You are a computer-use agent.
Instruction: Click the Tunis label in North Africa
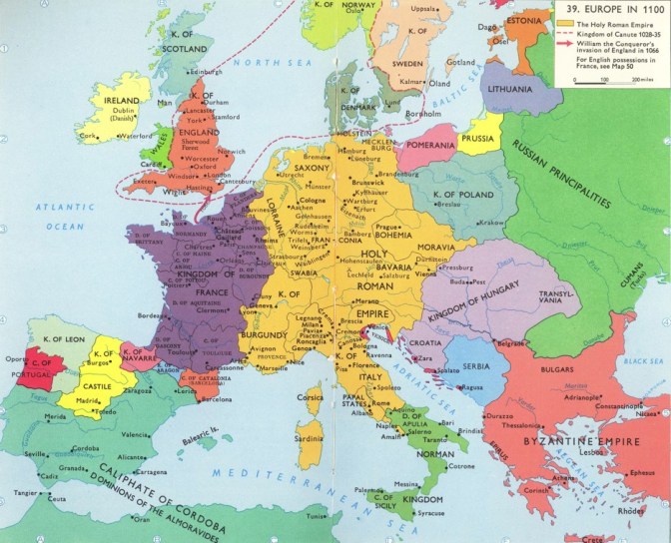[x=317, y=516]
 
